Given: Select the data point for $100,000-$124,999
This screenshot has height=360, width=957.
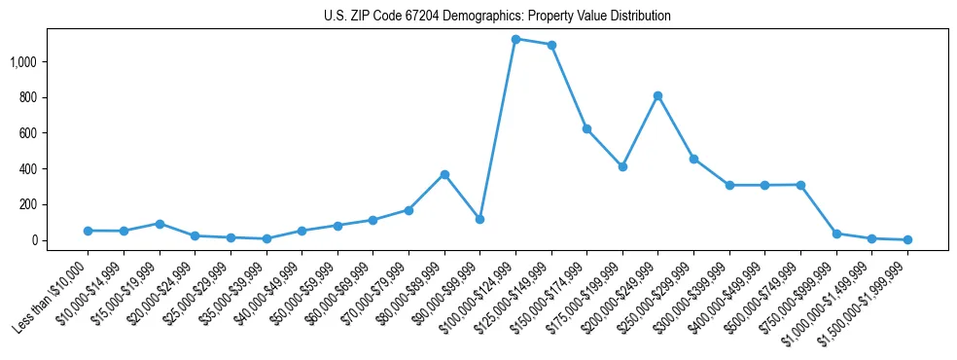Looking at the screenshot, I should (x=515, y=39).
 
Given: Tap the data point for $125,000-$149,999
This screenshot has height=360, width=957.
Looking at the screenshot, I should (x=551, y=45).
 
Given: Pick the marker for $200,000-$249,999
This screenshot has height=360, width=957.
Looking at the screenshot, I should (x=658, y=95).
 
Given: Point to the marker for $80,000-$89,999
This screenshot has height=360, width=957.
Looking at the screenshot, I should (x=444, y=174).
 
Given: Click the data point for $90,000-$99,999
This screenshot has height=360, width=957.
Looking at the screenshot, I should (x=479, y=219).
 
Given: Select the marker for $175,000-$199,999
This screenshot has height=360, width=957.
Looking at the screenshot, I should (x=622, y=166).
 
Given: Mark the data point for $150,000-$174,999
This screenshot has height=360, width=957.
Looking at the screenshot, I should (x=586, y=128).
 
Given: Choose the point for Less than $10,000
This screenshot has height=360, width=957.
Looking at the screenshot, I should (x=88, y=231).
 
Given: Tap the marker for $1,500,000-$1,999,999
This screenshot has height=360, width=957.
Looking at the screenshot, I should (x=907, y=239).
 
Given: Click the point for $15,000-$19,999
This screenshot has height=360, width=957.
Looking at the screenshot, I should (x=159, y=224).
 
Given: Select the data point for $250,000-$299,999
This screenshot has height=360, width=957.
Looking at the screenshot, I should (x=693, y=159).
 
